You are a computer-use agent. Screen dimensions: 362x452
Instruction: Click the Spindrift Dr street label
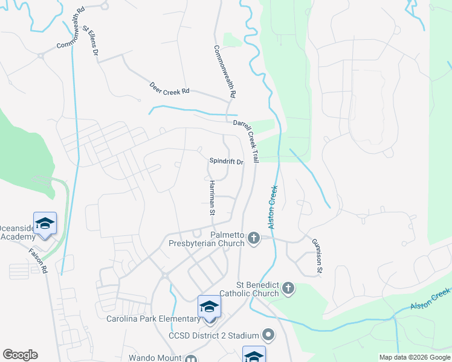pos(226,162)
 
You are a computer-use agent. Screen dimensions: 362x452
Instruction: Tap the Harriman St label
pos(212,197)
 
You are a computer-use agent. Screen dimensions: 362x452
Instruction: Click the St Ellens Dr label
pos(90,40)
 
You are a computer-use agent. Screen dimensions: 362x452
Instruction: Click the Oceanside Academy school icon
pos(45,223)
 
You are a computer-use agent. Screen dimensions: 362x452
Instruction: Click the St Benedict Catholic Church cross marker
pos(288,288)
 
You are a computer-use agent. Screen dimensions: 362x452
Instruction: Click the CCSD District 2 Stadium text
pos(215,334)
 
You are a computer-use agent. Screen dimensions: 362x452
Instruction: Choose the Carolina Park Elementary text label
pos(153,319)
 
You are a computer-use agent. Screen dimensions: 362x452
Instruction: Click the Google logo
pos(20,355)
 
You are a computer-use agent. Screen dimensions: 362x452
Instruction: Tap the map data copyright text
pos(414,357)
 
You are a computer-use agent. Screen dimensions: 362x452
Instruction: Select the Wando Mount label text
pos(155,358)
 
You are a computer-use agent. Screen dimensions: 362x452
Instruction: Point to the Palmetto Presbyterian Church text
pos(210,239)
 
